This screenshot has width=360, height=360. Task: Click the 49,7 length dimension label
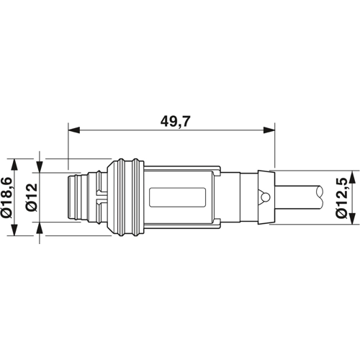coord(175,122)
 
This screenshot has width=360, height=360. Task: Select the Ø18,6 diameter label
coord(7,197)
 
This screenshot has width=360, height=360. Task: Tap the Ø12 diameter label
coord(32,197)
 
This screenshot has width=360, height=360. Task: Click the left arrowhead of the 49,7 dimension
coord(74,130)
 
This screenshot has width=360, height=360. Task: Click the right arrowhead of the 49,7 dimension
coord(269,130)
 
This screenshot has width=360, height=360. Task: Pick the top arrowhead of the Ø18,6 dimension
coord(15,164)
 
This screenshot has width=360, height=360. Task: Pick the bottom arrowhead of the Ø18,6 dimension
coord(15,230)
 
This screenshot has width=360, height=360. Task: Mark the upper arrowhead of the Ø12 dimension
coord(40,167)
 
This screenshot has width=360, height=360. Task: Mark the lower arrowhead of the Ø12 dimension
coord(40,228)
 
